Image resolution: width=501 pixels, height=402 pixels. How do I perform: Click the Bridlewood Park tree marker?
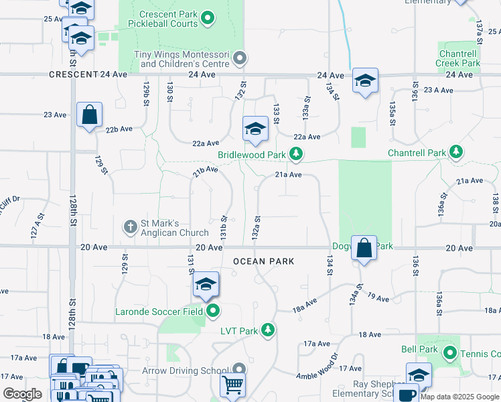[295, 155]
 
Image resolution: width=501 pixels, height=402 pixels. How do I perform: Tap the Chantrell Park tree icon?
[456, 153]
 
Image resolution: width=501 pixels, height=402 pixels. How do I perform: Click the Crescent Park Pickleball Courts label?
[169, 19]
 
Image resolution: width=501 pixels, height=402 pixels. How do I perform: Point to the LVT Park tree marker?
[268, 330]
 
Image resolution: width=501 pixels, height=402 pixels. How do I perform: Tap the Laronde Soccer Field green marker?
[213, 310]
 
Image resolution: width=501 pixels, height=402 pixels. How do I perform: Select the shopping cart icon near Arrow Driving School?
[232, 385]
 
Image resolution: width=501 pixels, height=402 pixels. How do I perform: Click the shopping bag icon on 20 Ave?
[363, 249]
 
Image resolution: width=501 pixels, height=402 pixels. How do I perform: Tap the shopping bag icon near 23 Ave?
[90, 115]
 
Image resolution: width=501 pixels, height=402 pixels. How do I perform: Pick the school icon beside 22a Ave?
[255, 129]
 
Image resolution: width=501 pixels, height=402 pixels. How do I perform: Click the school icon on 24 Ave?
[365, 81]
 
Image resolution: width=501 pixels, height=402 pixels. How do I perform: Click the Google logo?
[23, 394]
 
